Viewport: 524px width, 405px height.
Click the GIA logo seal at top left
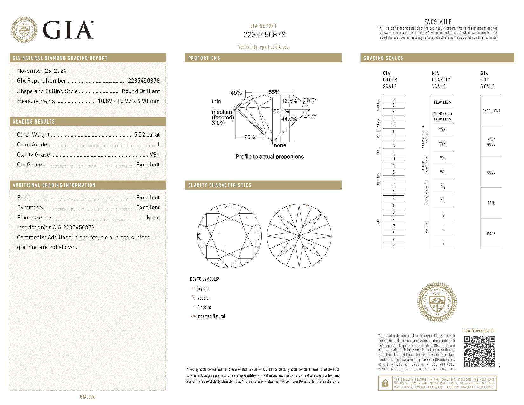(x=24, y=30)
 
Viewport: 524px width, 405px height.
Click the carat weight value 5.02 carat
(x=147, y=135)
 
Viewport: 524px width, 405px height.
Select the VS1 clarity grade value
(x=154, y=155)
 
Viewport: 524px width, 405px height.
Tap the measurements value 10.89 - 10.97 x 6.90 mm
(x=129, y=101)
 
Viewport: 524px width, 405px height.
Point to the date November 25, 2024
(x=42, y=71)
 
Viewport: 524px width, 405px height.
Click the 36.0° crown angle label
(x=310, y=100)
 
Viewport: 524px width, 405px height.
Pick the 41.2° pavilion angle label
(x=310, y=117)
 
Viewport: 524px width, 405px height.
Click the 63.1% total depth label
(x=281, y=111)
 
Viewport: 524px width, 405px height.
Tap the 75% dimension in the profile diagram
(x=250, y=137)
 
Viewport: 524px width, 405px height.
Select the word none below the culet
(x=280, y=145)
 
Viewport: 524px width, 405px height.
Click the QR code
(x=480, y=351)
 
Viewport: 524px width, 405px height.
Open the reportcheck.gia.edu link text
(x=479, y=331)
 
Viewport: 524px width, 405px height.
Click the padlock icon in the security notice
(x=385, y=383)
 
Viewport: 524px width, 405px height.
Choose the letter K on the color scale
(x=393, y=145)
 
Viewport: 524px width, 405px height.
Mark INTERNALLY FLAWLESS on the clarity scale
(x=442, y=116)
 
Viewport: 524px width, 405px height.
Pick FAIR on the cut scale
(x=491, y=203)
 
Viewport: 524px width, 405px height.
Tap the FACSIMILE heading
(x=438, y=22)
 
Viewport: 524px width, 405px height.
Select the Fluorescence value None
(x=153, y=218)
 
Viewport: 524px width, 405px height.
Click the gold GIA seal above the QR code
(x=437, y=302)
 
